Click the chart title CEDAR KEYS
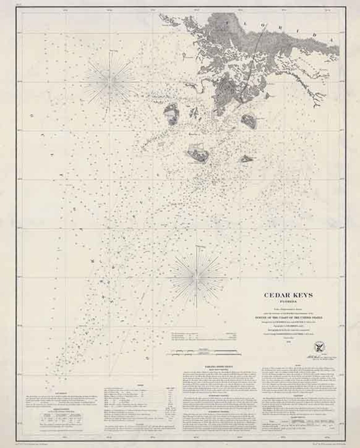[x=288, y=295]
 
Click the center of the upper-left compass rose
[x=109, y=81]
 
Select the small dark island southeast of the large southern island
[x=246, y=159]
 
